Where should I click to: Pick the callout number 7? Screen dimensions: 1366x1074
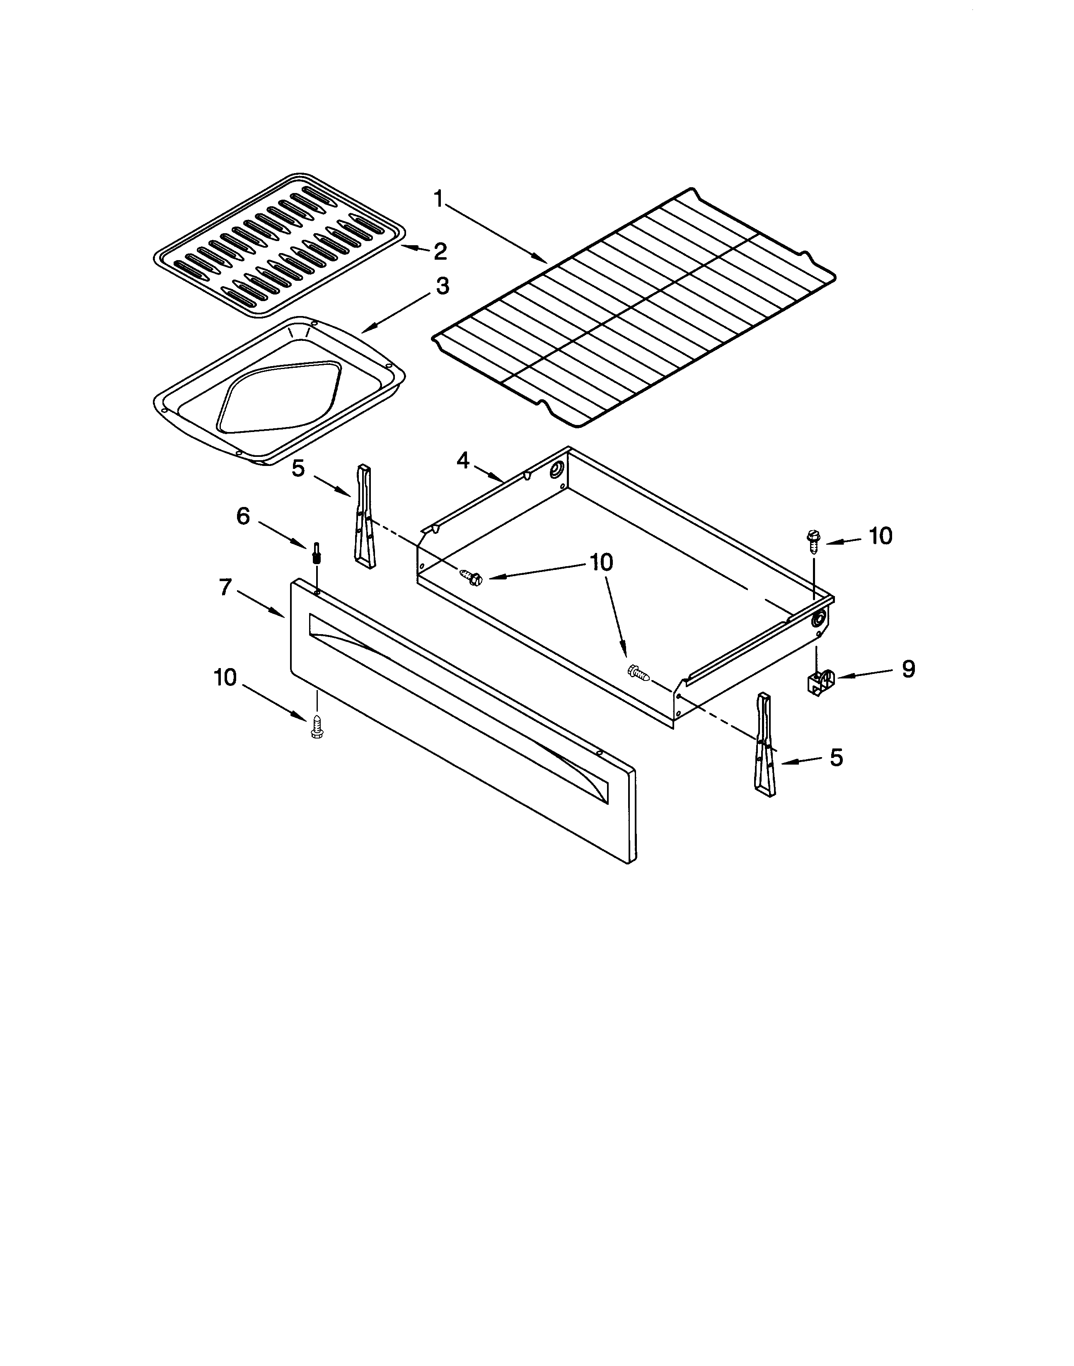pyautogui.click(x=226, y=587)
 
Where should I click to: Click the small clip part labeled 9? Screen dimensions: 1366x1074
pyautogui.click(x=819, y=682)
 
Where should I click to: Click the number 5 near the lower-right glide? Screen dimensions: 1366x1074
pyautogui.click(x=836, y=758)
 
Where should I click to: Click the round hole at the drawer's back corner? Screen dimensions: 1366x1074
pyautogui.click(x=556, y=471)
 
